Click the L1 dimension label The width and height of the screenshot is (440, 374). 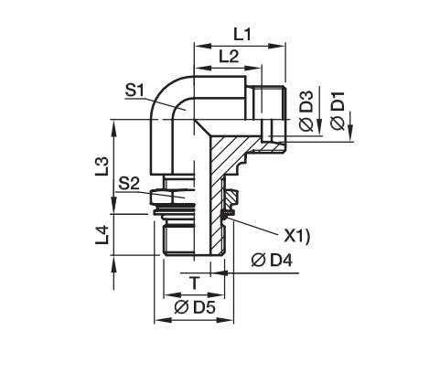click(242, 35)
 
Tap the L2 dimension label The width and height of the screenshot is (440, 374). click(229, 57)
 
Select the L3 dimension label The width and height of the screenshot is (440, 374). click(102, 166)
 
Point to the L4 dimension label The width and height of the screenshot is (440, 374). click(102, 235)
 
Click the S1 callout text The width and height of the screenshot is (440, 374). click(134, 91)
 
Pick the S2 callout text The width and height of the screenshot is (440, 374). click(129, 184)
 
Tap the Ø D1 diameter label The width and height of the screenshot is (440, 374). click(338, 111)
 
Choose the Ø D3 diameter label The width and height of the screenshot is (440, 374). click(306, 111)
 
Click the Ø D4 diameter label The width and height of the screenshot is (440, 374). click(272, 260)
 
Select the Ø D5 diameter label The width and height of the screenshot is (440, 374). click(195, 307)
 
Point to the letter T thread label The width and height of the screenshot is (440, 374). click(194, 283)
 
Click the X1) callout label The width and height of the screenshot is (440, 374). click(296, 236)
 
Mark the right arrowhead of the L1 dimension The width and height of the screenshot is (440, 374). click(277, 46)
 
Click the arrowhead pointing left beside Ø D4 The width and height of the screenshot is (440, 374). click(220, 272)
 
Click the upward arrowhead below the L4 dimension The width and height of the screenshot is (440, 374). click(114, 264)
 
